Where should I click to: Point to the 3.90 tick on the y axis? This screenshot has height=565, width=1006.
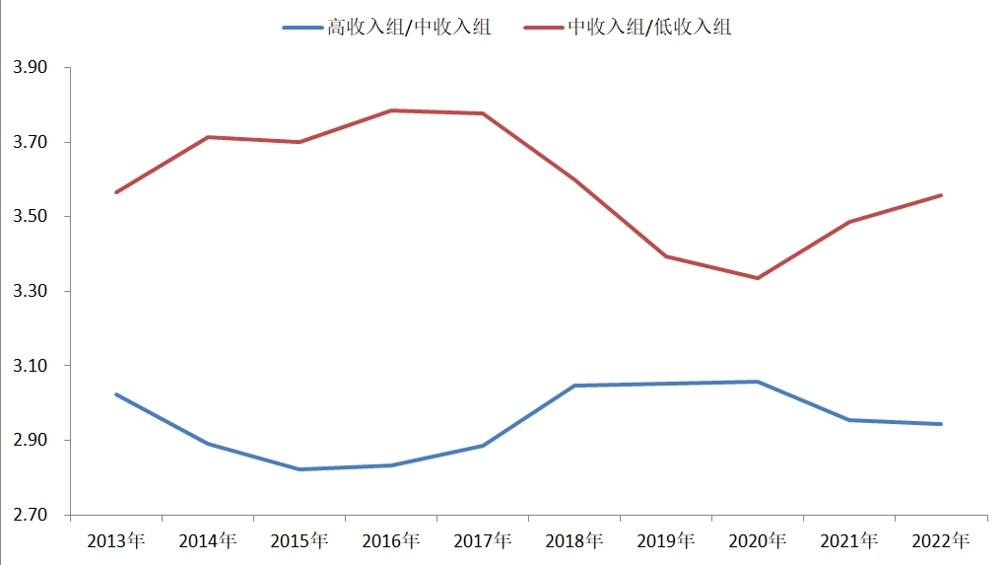(x=30, y=68)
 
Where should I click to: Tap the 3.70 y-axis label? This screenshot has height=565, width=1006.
(x=30, y=143)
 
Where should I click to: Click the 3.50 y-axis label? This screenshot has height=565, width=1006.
(x=30, y=217)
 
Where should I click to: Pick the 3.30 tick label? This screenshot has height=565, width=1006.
(x=30, y=292)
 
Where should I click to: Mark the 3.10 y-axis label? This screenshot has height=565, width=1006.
(x=30, y=366)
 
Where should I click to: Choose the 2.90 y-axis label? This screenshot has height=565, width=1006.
(x=30, y=441)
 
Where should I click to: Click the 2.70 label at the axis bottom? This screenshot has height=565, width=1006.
(x=30, y=515)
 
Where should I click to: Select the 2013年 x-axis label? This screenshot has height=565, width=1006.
(x=116, y=540)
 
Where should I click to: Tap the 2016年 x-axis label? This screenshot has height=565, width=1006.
(x=391, y=540)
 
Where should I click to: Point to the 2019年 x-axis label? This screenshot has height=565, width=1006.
(x=666, y=540)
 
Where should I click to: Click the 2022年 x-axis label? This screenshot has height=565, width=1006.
(x=941, y=540)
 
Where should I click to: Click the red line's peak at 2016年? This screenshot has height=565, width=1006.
(x=391, y=110)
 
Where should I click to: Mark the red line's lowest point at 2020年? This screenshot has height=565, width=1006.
(x=758, y=278)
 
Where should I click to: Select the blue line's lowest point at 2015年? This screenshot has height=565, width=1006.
(x=300, y=469)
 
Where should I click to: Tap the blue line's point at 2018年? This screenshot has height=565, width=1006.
(x=574, y=386)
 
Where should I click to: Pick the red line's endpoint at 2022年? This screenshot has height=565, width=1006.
(x=941, y=195)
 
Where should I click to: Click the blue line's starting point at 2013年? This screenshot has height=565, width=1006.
(x=116, y=394)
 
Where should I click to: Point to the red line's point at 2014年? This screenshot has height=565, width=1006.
(x=208, y=137)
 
